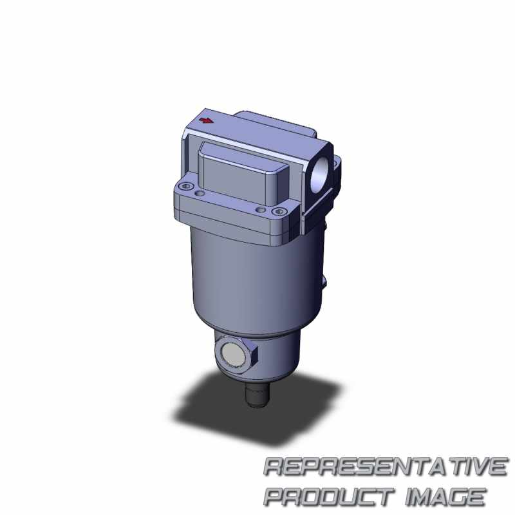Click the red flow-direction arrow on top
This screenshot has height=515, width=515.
pyautogui.click(x=207, y=120)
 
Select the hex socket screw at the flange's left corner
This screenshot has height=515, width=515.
pyautogui.click(x=186, y=187)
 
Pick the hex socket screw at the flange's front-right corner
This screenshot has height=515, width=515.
pyautogui.click(x=279, y=212)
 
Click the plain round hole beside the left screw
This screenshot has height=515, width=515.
pyautogui.click(x=199, y=194)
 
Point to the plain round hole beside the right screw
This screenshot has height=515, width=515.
pyautogui.click(x=261, y=210)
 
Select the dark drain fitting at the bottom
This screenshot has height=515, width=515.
pyautogui.click(x=257, y=395)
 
